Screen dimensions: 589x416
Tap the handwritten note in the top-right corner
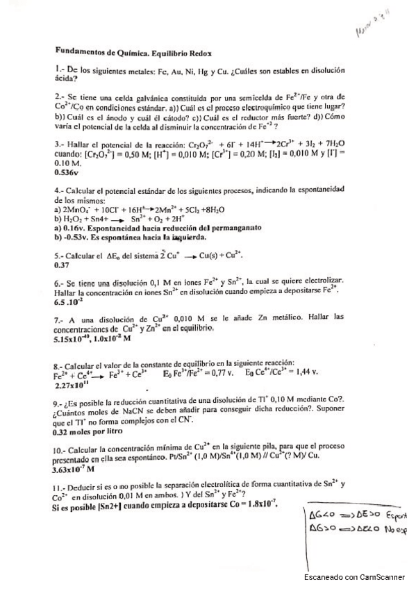click(371, 28)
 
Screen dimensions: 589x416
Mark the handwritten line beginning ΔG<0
click(358, 515)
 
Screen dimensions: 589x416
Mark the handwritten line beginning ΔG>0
click(358, 529)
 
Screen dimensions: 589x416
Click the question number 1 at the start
click(58, 70)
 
